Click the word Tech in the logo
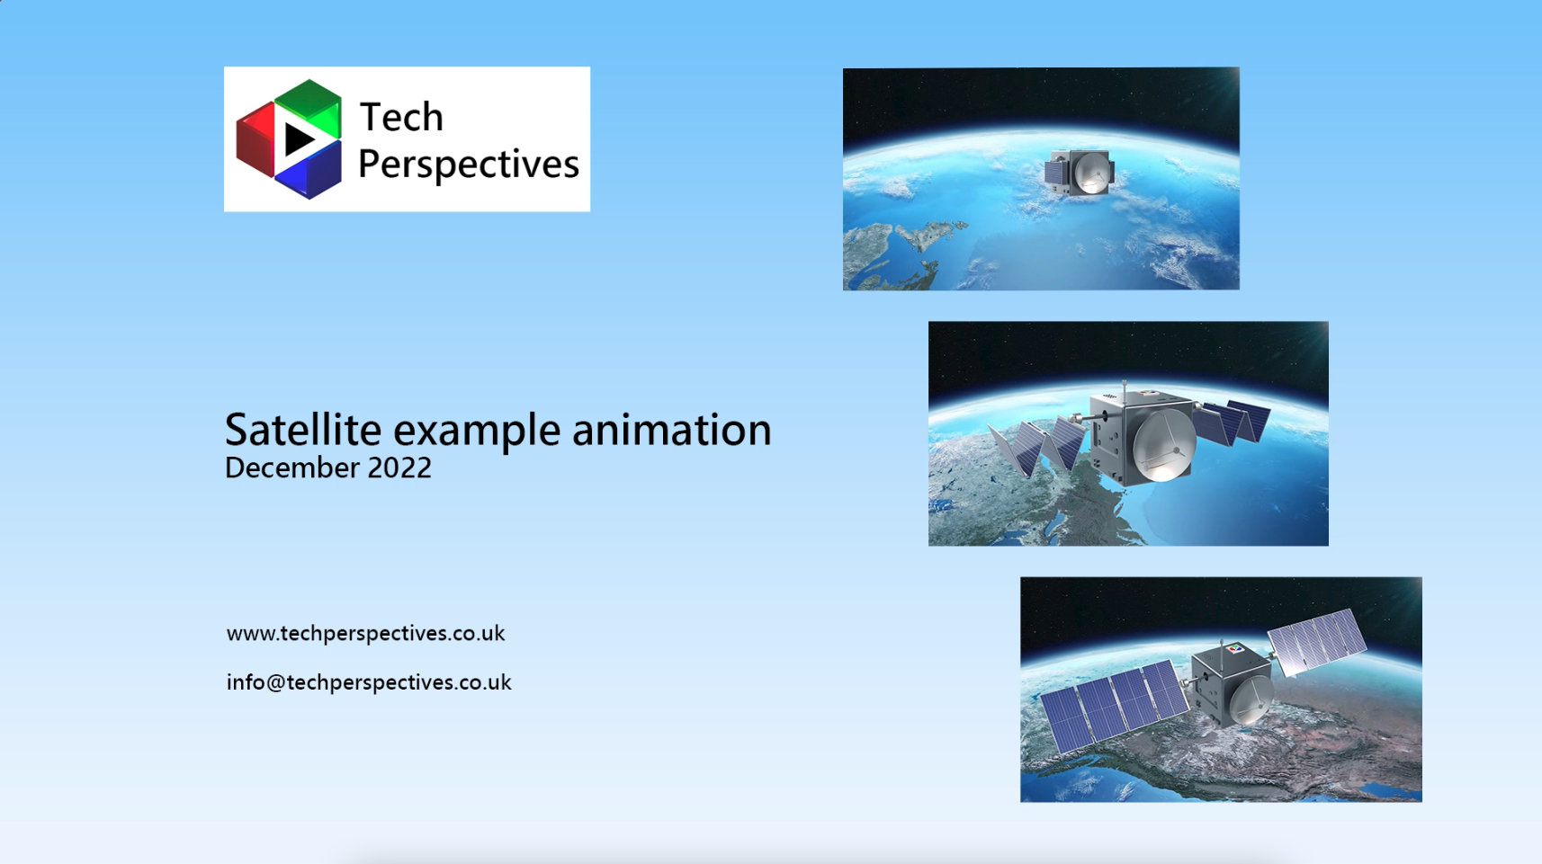click(401, 116)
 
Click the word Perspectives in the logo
click(469, 165)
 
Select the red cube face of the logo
click(256, 140)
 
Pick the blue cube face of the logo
click(309, 171)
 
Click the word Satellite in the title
click(303, 430)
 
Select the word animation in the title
click(672, 430)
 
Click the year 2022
click(399, 468)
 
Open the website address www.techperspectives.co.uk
click(365, 634)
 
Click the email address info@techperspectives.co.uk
click(369, 682)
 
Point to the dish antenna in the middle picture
click(1163, 448)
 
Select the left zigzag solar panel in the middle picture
click(1036, 446)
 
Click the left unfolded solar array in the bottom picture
click(1114, 708)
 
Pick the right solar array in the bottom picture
click(1317, 640)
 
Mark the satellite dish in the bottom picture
click(1250, 700)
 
